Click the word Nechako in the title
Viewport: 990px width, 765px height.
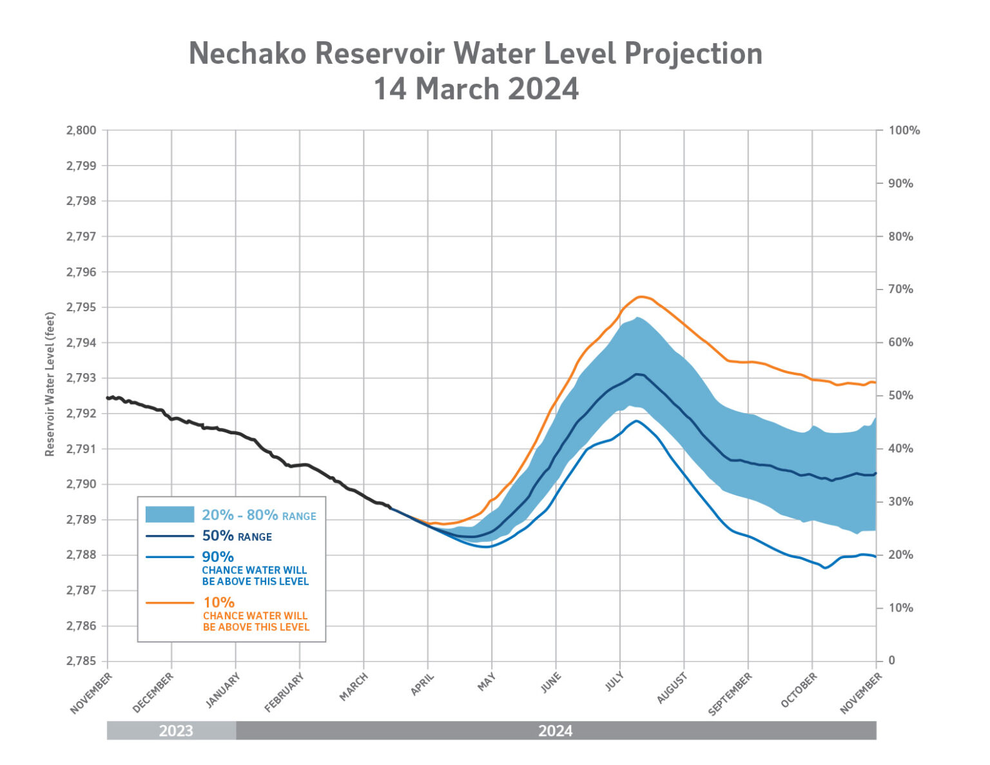[247, 53]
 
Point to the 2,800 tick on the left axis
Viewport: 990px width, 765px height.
[81, 130]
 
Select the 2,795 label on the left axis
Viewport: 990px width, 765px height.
[81, 307]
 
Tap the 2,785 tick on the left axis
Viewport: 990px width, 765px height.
[81, 661]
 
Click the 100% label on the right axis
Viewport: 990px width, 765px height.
[904, 130]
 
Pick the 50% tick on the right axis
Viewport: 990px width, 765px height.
[900, 396]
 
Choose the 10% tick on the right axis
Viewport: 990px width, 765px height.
[900, 608]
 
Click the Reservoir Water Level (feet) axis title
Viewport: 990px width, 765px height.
[50, 384]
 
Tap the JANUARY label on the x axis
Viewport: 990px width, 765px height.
[223, 690]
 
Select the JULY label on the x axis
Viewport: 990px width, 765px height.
[614, 683]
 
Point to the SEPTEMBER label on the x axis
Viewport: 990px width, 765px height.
[730, 694]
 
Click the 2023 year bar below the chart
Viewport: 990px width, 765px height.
[175, 731]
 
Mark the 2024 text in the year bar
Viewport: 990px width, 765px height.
[555, 731]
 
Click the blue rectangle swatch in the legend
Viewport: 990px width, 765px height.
[170, 514]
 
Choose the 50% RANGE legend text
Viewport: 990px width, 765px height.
[237, 536]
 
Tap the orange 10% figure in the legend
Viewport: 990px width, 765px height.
[218, 603]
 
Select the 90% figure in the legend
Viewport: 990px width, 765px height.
[218, 557]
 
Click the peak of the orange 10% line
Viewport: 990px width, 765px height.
[641, 296]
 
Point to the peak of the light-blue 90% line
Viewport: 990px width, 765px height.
[637, 421]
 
